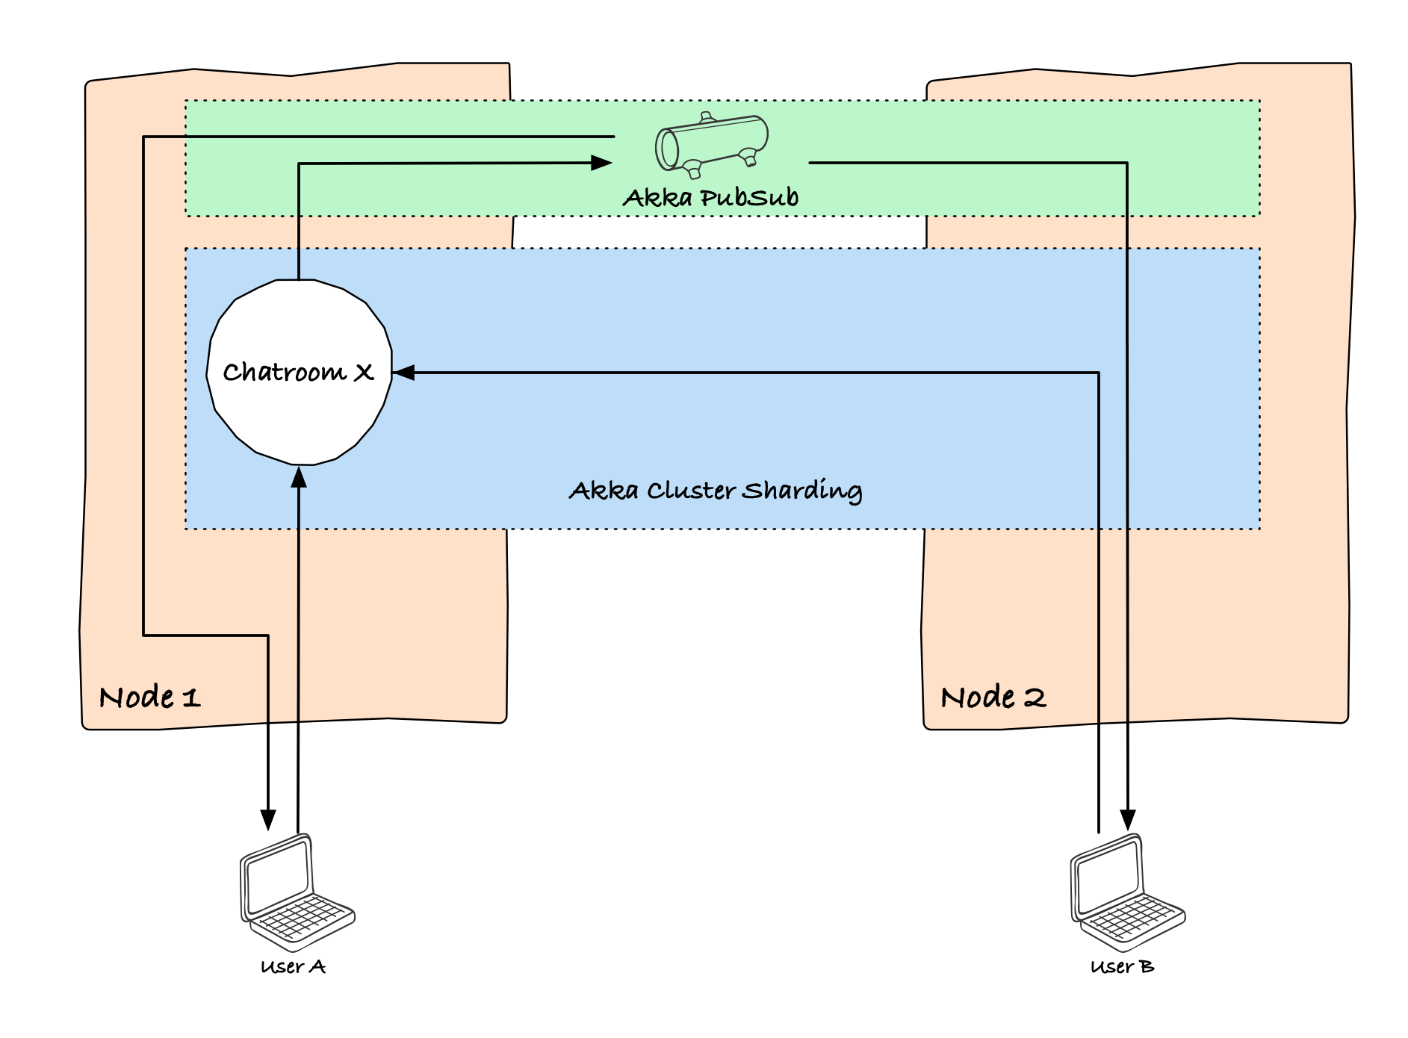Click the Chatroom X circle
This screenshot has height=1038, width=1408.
pyautogui.click(x=299, y=372)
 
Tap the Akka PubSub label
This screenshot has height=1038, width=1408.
pyautogui.click(x=710, y=197)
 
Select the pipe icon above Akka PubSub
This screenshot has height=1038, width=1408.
pyautogui.click(x=712, y=146)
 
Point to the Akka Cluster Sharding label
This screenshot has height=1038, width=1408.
pyautogui.click(x=716, y=491)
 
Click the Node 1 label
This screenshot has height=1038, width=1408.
pyautogui.click(x=149, y=697)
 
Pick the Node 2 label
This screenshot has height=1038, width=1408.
pyautogui.click(x=993, y=697)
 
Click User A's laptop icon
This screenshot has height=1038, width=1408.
pyautogui.click(x=297, y=893)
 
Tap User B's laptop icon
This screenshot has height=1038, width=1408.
pyautogui.click(x=1128, y=893)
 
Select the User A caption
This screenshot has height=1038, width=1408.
pyautogui.click(x=294, y=967)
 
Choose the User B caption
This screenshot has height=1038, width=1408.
pyautogui.click(x=1123, y=967)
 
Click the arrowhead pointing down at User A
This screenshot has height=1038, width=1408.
pyautogui.click(x=268, y=820)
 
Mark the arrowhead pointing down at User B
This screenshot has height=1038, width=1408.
pyautogui.click(x=1128, y=820)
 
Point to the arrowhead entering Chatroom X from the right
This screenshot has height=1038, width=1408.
pyautogui.click(x=403, y=372)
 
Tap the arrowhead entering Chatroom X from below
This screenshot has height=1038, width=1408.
pyautogui.click(x=299, y=476)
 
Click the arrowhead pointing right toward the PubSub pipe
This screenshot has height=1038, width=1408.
pyautogui.click(x=601, y=163)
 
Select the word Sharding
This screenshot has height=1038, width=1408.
pyautogui.click(x=802, y=491)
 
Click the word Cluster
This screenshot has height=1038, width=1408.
pyautogui.click(x=692, y=491)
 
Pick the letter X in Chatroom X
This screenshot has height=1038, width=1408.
pyautogui.click(x=364, y=372)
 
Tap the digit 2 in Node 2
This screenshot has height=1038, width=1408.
pyautogui.click(x=1035, y=698)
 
